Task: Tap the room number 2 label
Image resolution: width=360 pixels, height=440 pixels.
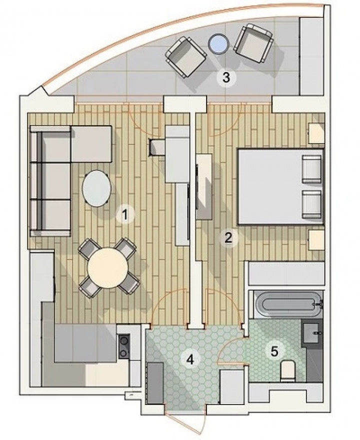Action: (228, 237)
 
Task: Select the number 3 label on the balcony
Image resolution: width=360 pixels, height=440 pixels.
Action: (226, 77)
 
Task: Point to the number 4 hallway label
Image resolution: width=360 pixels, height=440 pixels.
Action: (189, 358)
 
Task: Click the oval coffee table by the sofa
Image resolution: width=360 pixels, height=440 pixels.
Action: (96, 188)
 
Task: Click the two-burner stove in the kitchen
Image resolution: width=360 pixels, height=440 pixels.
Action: (123, 346)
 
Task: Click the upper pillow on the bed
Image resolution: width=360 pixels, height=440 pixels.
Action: (312, 169)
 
